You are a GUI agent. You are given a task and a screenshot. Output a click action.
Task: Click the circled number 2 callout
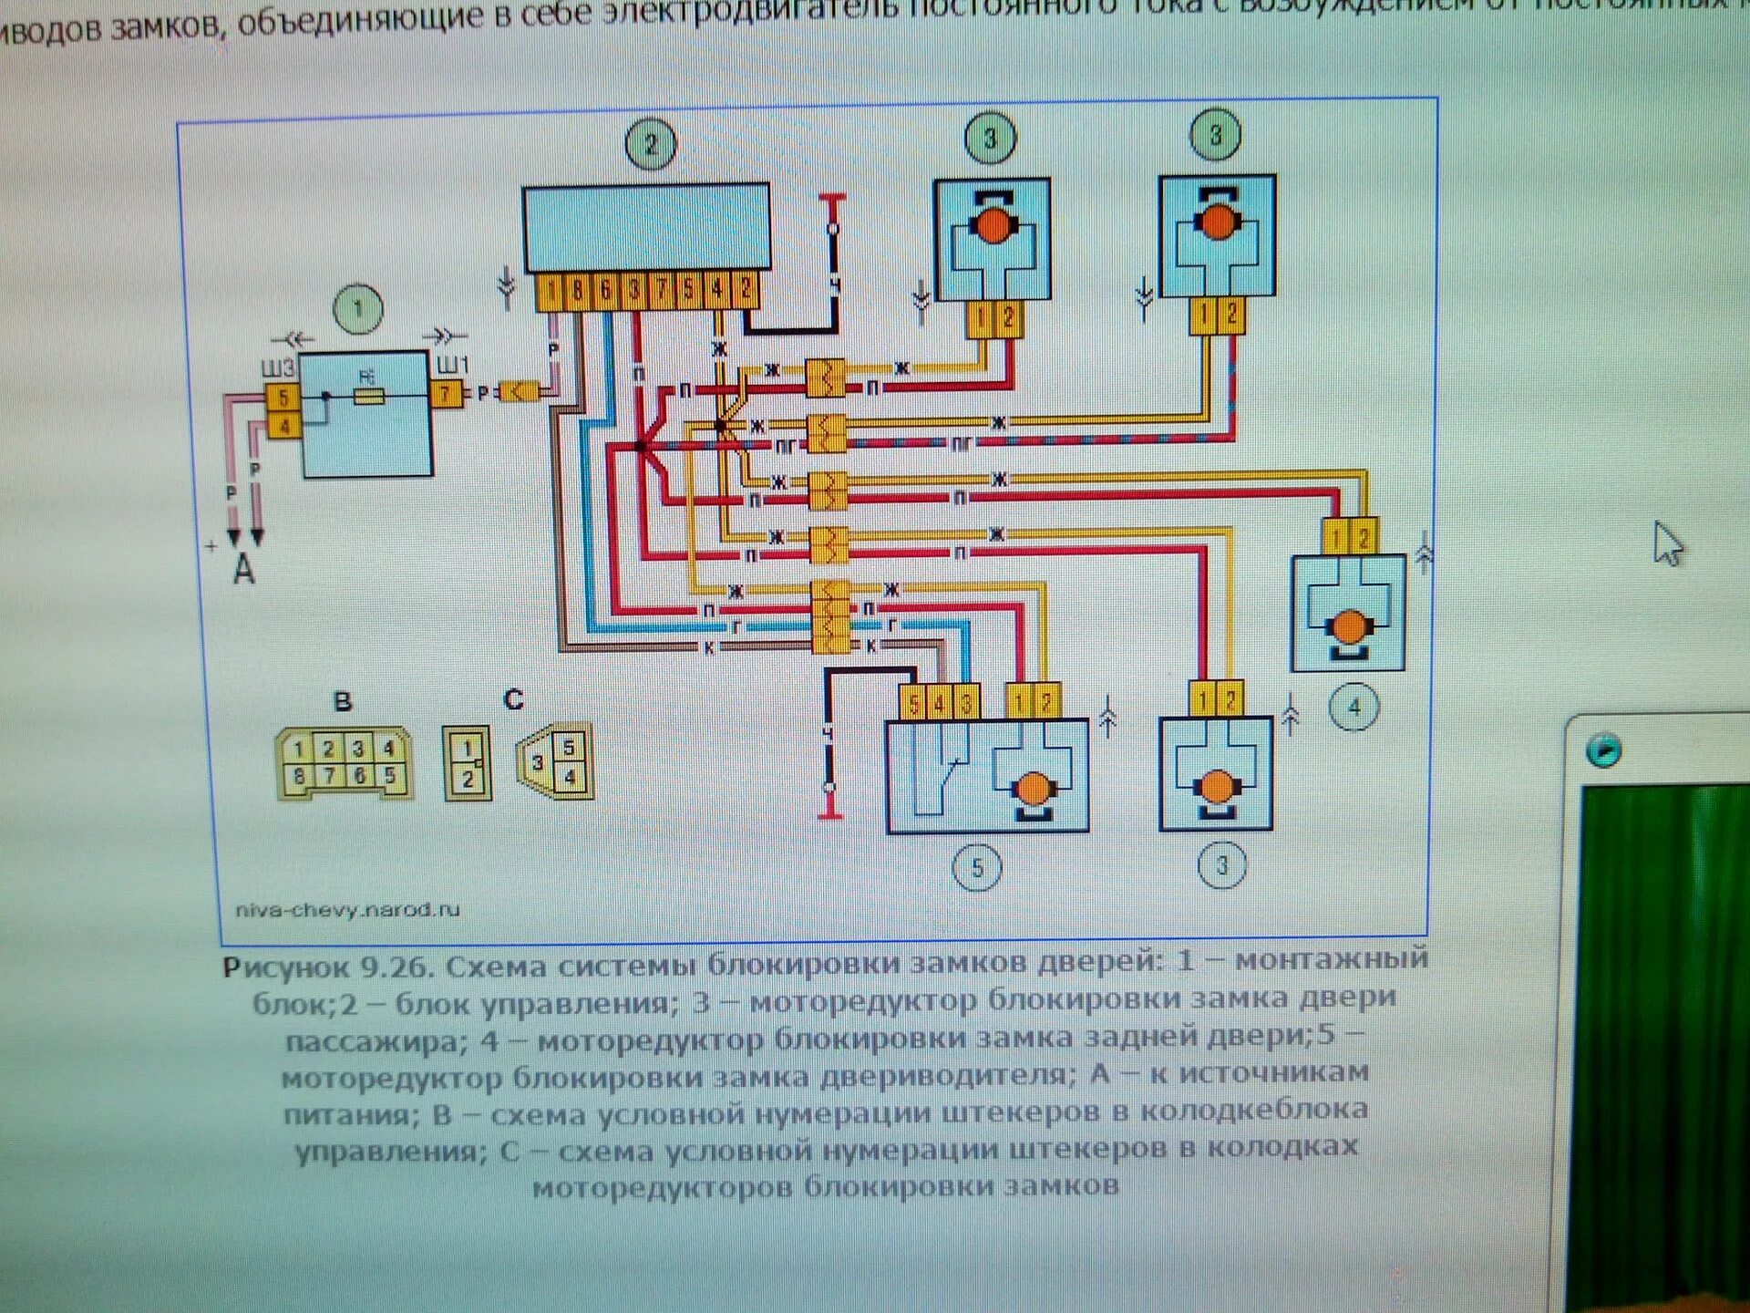pos(651,144)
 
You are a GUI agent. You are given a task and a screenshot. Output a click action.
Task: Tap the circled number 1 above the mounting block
pos(358,309)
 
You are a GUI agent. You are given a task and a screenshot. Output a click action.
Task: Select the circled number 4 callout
pos(1354,707)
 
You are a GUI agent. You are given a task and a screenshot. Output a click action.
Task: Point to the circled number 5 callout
pos(976,867)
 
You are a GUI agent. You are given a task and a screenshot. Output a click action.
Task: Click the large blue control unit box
pos(646,227)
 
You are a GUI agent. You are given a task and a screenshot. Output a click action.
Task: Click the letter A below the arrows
pos(243,571)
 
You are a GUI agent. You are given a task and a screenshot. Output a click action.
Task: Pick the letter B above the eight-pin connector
pos(343,701)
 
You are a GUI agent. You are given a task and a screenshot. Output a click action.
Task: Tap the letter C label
pos(513,699)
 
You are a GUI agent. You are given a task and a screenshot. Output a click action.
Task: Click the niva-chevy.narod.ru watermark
pos(347,909)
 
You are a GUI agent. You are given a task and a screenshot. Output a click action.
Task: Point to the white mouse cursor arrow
pos(1668,543)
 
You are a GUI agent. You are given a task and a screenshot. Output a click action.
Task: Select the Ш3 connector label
pos(278,368)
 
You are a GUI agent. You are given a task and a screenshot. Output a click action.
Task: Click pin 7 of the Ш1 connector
pos(446,395)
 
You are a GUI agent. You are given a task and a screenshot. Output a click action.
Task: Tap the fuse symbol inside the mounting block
pos(368,397)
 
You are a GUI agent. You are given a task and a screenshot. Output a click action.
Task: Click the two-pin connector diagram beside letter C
pos(467,763)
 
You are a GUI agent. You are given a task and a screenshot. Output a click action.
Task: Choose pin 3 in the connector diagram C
pos(537,763)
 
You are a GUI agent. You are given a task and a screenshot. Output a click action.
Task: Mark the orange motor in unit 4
pos(1348,627)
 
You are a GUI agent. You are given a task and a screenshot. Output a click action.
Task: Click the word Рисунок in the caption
pos(285,967)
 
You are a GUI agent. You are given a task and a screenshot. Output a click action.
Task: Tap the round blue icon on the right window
pos(1603,750)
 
